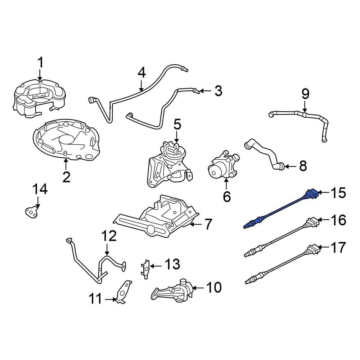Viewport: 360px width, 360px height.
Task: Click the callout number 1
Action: (40, 63)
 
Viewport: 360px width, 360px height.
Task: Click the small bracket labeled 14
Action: (32, 211)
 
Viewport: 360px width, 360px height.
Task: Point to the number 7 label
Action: (208, 224)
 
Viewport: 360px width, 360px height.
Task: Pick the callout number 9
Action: (305, 94)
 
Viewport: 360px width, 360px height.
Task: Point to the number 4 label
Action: (141, 73)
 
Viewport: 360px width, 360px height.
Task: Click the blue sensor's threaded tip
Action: (247, 226)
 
